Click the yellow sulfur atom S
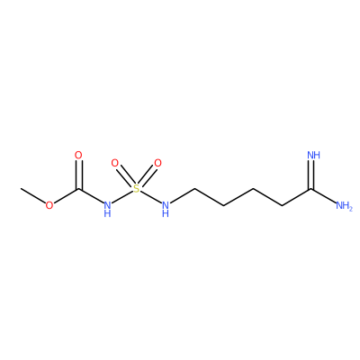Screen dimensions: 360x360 point(137,189)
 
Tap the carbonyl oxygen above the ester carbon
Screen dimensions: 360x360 point(78,156)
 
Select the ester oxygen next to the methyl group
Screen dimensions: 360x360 point(49,205)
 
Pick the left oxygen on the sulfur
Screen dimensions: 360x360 point(114,164)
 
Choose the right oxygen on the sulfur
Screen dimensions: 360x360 point(157,164)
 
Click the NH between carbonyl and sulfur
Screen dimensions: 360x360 point(107,209)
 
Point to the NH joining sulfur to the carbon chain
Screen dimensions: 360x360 point(166,209)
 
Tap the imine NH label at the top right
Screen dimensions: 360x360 point(314,156)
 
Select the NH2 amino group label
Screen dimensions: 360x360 point(344,206)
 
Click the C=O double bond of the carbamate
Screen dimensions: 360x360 point(78,175)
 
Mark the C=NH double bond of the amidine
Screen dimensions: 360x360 point(311,175)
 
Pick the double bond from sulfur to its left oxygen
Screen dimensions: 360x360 point(125,177)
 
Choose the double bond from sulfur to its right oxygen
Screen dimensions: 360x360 point(147,177)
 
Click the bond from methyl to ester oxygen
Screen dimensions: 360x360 point(33,195)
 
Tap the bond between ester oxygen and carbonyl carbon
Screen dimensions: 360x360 point(66,196)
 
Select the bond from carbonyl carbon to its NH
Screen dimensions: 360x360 point(91,196)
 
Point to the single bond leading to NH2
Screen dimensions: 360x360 point(324,196)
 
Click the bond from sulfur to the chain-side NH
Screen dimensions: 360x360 point(150,197)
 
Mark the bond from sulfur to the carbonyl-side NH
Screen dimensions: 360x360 point(122,197)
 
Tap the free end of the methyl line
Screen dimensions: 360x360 point(21,188)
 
